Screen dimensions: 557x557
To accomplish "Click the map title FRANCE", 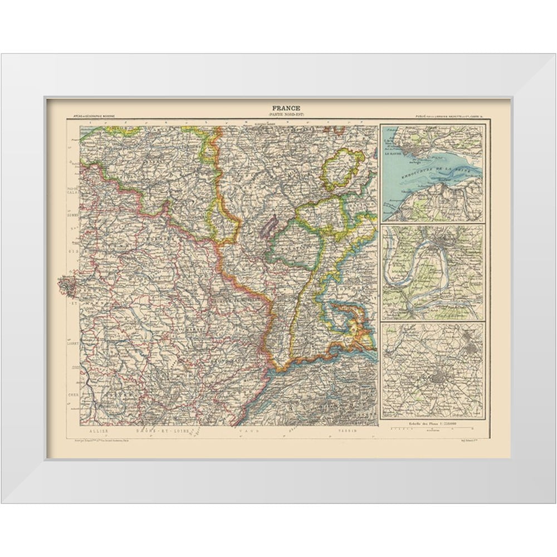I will click(x=286, y=108).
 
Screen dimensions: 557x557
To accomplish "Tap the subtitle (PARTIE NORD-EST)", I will click(x=286, y=115).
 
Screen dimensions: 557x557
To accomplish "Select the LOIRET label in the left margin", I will click(x=72, y=343).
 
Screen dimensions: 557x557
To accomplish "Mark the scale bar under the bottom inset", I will click(x=433, y=429).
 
